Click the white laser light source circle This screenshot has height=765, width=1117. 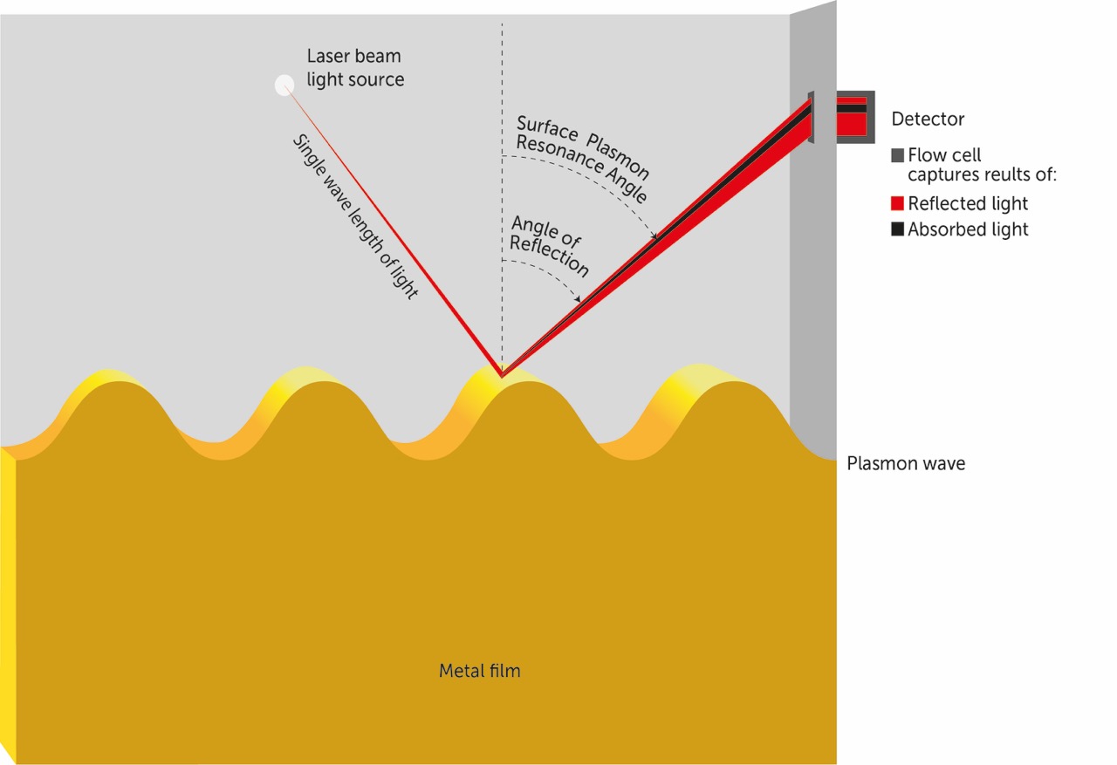click(284, 85)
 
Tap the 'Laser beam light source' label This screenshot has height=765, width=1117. click(355, 68)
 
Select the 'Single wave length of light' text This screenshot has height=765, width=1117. click(355, 218)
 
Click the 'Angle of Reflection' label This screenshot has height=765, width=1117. click(548, 249)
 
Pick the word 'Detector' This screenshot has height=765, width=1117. click(928, 119)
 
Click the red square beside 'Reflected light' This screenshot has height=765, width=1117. click(898, 204)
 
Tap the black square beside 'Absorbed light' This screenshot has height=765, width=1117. click(898, 230)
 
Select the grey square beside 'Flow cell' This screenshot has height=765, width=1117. click(898, 156)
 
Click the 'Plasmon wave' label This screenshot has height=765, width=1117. click(906, 464)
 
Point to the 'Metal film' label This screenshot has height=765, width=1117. click(479, 672)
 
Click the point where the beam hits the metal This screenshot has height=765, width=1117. click(501, 376)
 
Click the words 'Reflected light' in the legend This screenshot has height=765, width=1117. click(968, 204)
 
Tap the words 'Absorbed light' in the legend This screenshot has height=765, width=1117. click(968, 230)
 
